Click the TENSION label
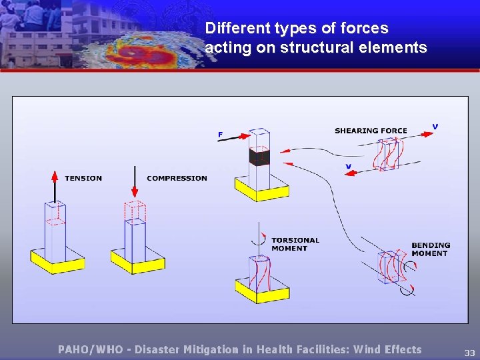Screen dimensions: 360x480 tap(83, 178)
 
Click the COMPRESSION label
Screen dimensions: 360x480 tap(177, 178)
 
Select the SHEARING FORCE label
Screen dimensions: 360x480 tap(371, 131)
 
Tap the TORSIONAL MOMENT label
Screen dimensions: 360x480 tap(295, 244)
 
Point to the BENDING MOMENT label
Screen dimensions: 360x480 tap(430, 249)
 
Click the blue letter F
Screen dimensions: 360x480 tap(220, 135)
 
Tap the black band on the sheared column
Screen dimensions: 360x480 tap(259, 157)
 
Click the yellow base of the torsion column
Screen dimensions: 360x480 tap(262, 291)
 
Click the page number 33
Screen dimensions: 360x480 tap(469, 353)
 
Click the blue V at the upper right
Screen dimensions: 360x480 tap(435, 126)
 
